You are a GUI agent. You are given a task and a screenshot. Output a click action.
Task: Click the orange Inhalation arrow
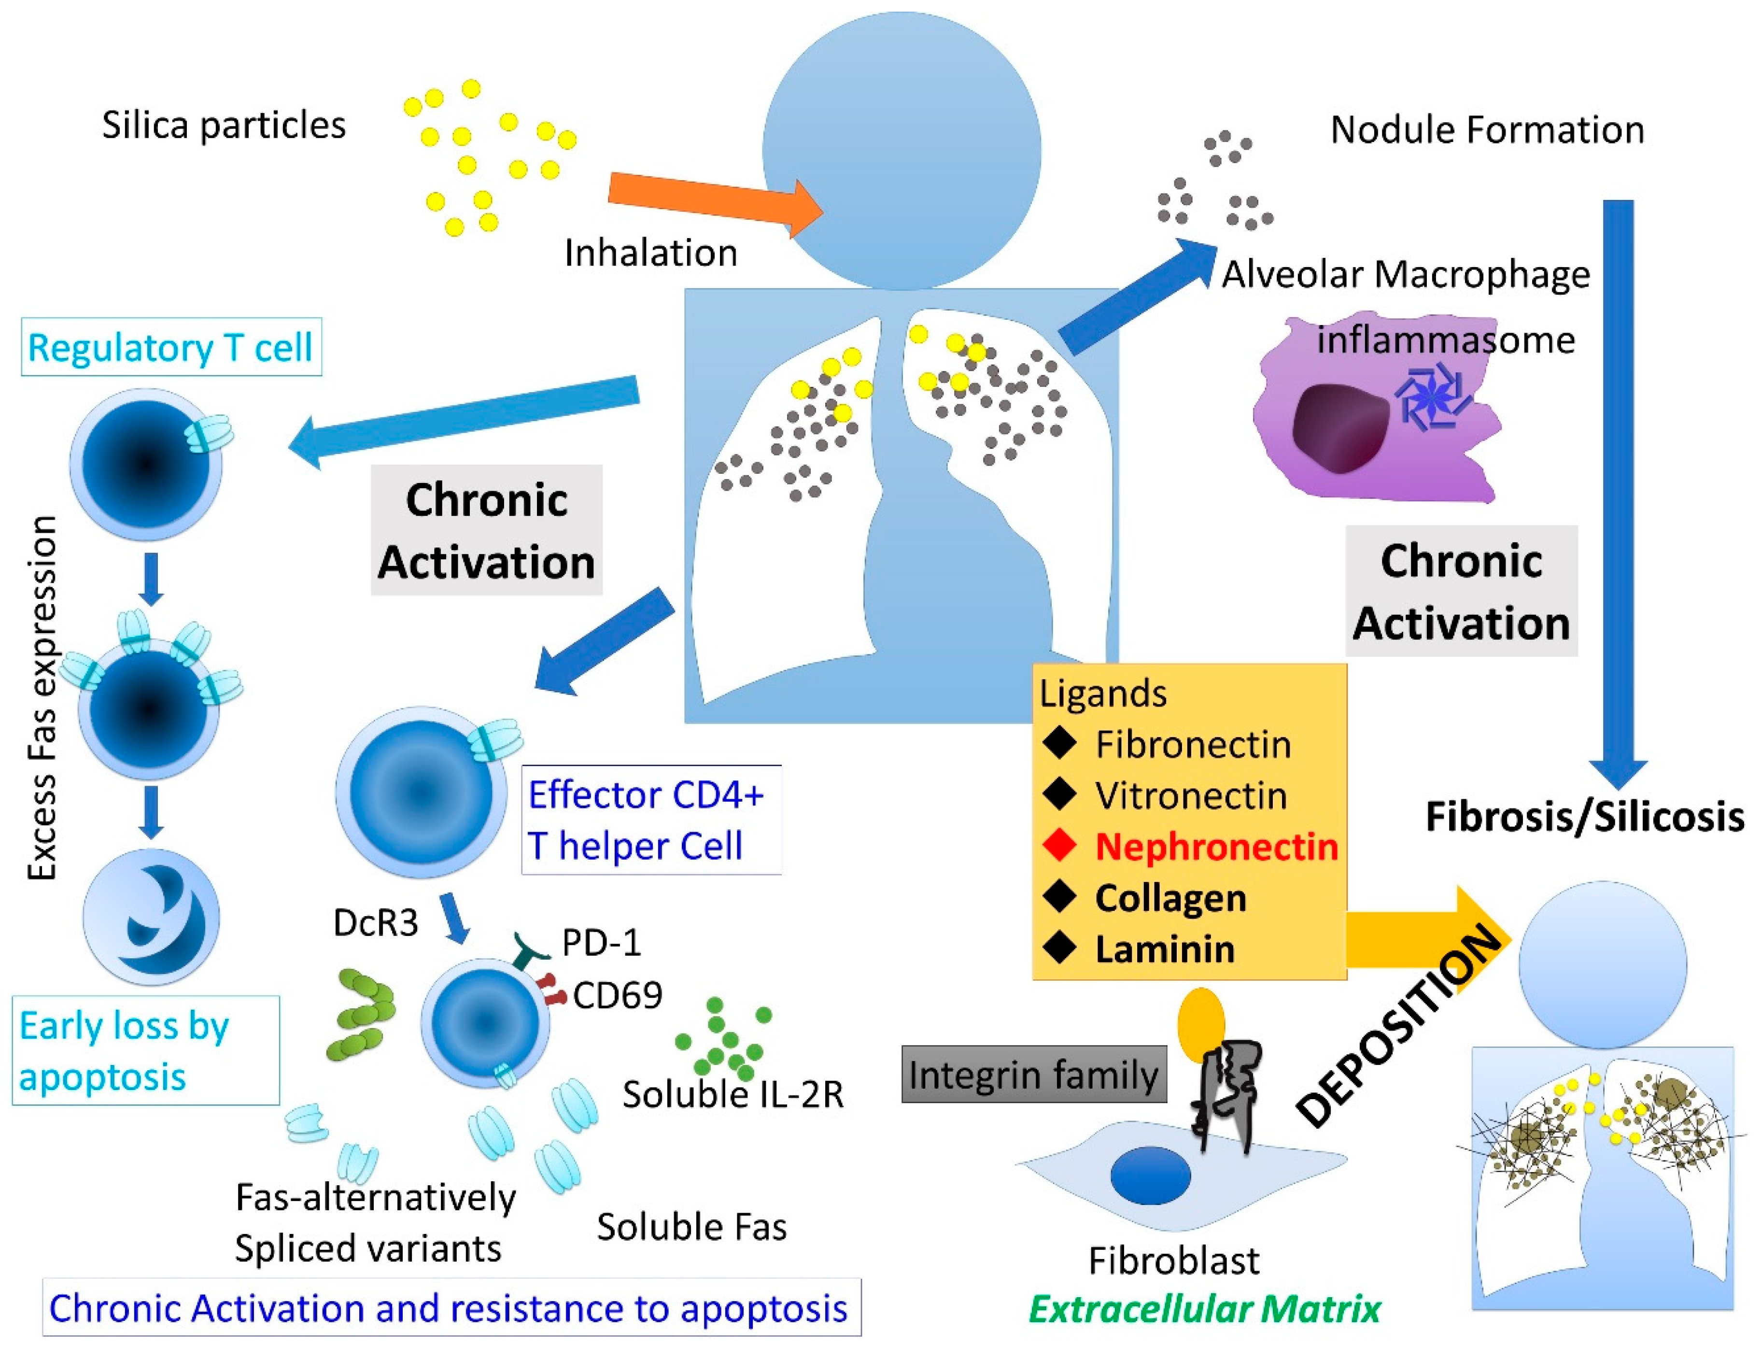pos(715,202)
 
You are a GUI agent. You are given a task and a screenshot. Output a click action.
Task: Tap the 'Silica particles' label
pos(224,126)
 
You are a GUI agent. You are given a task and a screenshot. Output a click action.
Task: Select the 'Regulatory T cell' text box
pos(170,347)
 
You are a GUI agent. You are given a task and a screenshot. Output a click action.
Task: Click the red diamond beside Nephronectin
pos(1059,846)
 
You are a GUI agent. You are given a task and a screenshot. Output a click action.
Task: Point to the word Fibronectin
pos(1193,745)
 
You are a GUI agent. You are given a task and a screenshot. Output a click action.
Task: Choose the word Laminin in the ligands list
pos(1165,949)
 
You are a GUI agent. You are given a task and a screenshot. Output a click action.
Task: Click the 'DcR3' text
pos(375,923)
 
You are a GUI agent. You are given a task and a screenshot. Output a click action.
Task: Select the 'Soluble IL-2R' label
pos(733,1094)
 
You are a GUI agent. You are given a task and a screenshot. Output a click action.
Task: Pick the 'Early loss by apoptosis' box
pos(146,1050)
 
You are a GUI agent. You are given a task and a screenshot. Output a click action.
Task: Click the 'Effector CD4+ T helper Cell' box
pos(651,820)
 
